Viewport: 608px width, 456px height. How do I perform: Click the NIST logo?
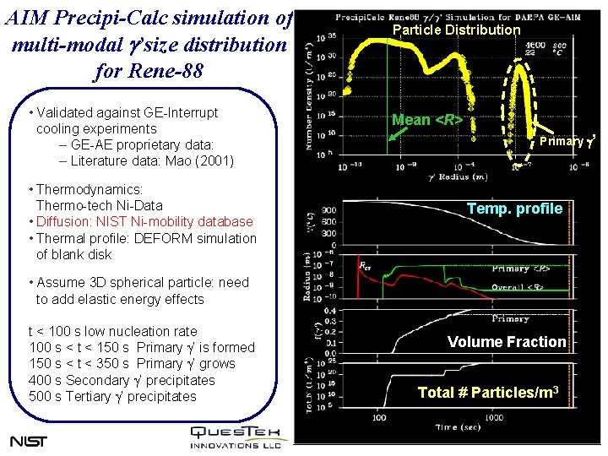[29, 441]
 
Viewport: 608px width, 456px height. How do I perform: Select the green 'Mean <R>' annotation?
[426, 120]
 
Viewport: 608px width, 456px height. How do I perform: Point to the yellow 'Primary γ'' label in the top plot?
[568, 140]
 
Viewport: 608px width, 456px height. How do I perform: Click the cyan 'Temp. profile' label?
[514, 209]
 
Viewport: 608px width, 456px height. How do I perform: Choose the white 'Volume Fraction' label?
[506, 342]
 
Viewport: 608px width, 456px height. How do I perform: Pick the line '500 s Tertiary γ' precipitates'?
[112, 397]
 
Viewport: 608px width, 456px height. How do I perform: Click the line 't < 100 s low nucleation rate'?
[112, 332]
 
